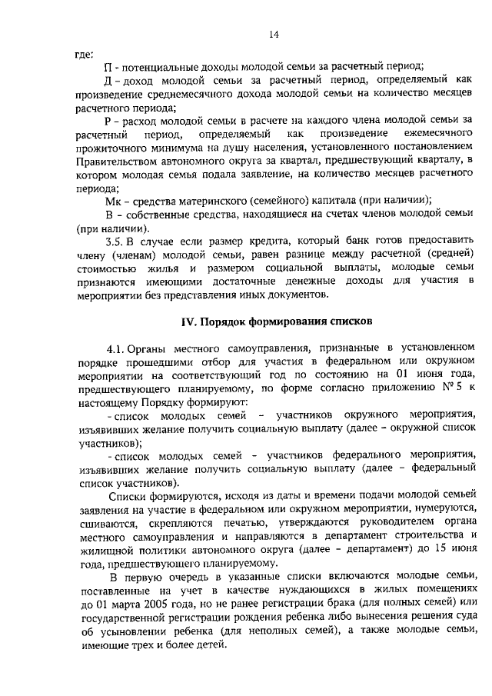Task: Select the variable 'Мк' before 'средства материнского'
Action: [111, 201]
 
